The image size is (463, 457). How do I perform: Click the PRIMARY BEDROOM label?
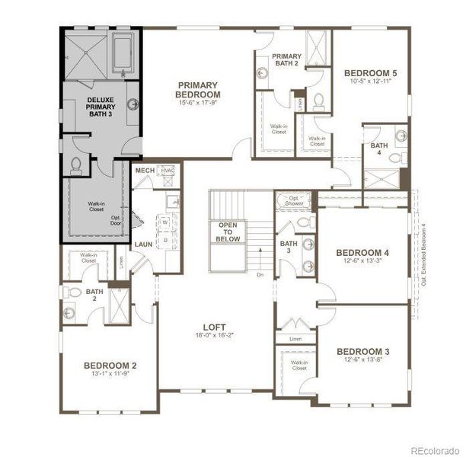(x=199, y=90)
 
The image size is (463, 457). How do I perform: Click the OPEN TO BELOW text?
(x=229, y=232)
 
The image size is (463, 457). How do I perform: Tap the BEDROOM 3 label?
(x=363, y=351)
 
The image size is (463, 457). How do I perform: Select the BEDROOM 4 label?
(x=363, y=253)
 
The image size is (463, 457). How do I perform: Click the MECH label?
(x=145, y=171)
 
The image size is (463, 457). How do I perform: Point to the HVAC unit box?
(x=167, y=171)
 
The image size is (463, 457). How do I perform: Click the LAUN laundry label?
(x=144, y=244)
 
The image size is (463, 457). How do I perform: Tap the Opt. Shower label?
(x=293, y=201)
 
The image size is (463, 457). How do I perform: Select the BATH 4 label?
(x=378, y=149)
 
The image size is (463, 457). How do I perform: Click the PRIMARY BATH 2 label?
(x=287, y=59)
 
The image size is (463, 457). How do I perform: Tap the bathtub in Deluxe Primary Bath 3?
(x=124, y=53)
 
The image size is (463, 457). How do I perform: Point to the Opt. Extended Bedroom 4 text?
(x=423, y=251)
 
